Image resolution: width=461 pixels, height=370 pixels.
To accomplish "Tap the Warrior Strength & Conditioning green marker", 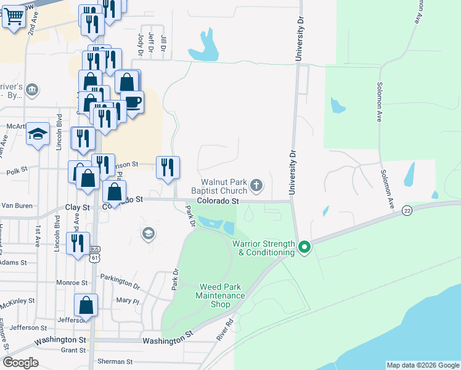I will [304, 247].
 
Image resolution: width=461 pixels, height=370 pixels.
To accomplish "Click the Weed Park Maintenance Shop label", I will [221, 295].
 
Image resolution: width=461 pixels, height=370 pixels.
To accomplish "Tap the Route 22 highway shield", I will [407, 210].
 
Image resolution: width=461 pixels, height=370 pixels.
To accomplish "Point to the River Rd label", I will [226, 329].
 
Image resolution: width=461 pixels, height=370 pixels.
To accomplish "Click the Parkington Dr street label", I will [120, 282].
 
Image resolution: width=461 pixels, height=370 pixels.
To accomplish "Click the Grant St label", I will [73, 350].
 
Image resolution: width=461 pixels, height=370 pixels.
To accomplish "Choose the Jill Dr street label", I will [163, 42].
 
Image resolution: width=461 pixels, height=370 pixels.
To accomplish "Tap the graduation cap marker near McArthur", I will [38, 134].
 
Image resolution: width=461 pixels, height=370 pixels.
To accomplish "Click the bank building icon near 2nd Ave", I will [33, 91].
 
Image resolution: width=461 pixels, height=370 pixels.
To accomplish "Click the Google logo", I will [21, 363].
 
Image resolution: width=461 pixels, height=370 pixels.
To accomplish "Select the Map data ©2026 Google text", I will [422, 365].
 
